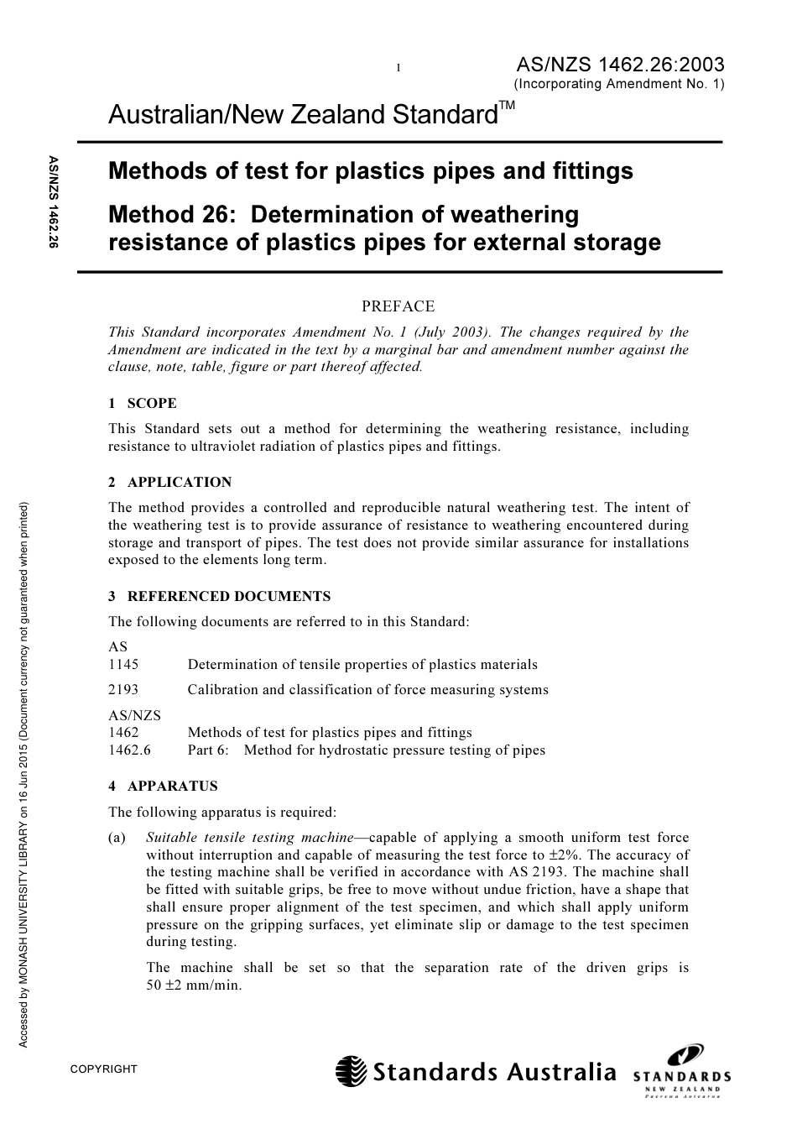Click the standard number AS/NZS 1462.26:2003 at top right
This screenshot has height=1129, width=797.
tap(619, 65)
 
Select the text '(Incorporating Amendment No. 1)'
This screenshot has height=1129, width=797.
tap(618, 84)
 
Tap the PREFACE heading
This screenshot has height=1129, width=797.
tap(398, 306)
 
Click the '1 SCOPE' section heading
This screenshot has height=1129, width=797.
tap(143, 403)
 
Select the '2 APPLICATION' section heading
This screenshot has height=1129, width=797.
tap(170, 482)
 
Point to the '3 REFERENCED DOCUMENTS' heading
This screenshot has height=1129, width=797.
tap(220, 596)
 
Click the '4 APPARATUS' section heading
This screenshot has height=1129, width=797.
tap(163, 786)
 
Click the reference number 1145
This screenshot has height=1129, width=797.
tap(123, 664)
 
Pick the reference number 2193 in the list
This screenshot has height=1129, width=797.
tap(123, 689)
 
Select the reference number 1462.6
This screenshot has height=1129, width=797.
tap(129, 750)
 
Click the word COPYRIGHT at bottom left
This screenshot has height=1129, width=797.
tap(103, 1069)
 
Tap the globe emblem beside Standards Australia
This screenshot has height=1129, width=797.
tap(352, 1072)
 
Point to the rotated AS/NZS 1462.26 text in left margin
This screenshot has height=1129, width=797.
tap(53, 202)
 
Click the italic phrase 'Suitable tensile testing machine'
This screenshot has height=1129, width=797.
tap(249, 837)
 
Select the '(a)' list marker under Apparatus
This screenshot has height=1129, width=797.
tap(117, 837)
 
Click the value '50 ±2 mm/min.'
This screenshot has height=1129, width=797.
tap(194, 985)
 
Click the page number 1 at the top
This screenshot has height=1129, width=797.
tap(398, 68)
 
